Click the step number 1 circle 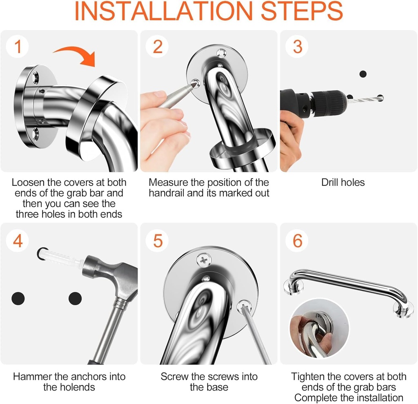click(17, 47)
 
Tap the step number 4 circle click(17, 241)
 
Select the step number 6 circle click(297, 241)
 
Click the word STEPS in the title click(302, 11)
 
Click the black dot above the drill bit click(363, 74)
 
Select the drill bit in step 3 click(365, 99)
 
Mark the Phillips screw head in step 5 click(204, 259)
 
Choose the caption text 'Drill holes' click(343, 183)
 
